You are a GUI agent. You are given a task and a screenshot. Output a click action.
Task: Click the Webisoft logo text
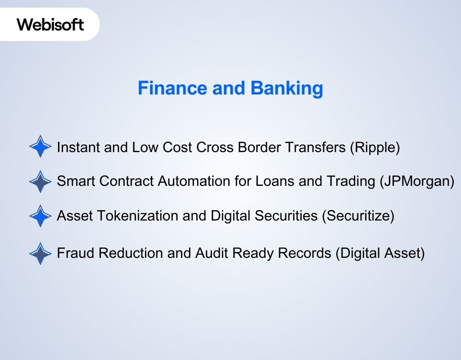[50, 24]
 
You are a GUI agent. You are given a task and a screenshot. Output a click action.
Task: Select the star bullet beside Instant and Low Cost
[41, 147]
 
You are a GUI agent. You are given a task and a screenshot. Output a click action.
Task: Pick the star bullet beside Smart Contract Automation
[41, 181]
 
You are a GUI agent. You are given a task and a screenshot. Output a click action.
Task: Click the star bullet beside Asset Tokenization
[41, 216]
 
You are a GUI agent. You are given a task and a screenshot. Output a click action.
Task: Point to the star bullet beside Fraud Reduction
[41, 253]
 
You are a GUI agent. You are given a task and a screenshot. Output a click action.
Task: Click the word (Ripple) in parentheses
[375, 147]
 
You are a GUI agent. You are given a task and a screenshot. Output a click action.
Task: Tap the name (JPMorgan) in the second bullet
[417, 181]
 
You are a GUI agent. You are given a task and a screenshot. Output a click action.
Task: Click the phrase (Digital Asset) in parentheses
[380, 253]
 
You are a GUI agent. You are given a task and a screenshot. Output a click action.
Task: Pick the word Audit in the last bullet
[212, 253]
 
